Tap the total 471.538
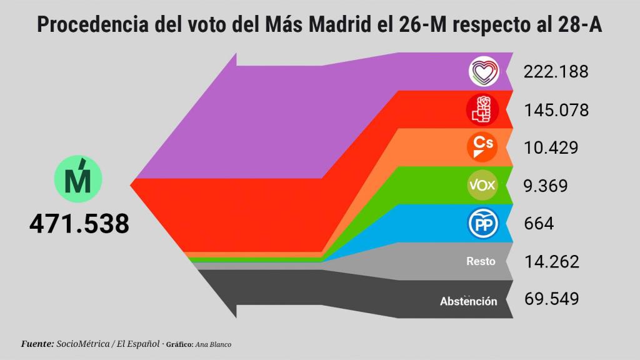[x=79, y=223]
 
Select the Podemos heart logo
[x=484, y=72]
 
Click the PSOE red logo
[x=482, y=109]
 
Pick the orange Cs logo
[x=482, y=147]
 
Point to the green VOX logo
[x=482, y=185]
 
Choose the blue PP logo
[x=482, y=224]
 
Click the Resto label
[x=481, y=261]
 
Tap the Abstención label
[x=469, y=301]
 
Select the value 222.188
[x=556, y=72]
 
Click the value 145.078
[x=556, y=110]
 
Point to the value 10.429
[x=551, y=147]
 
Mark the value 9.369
[x=546, y=186]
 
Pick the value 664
[x=539, y=224]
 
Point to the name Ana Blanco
[x=213, y=344]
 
